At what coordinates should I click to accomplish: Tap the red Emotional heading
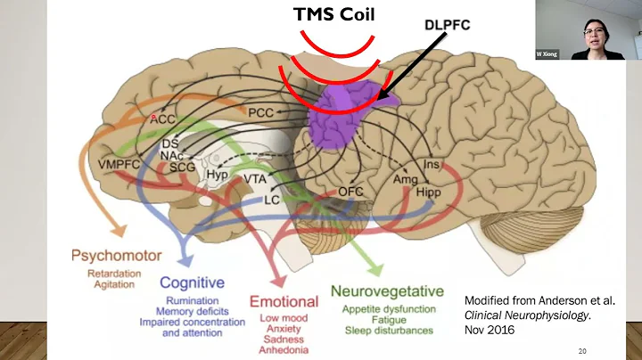284,301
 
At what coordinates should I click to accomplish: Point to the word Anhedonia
284,348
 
